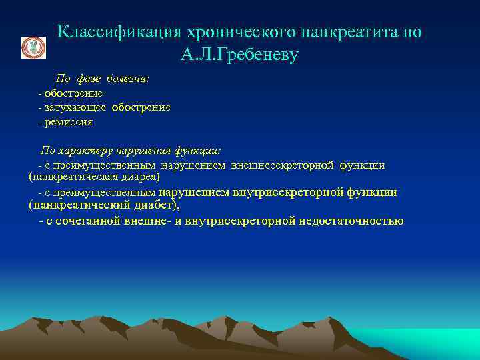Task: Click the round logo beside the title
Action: pyautogui.click(x=33, y=48)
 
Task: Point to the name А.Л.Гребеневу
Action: pyautogui.click(x=239, y=55)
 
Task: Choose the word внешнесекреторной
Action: pyautogui.click(x=281, y=165)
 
